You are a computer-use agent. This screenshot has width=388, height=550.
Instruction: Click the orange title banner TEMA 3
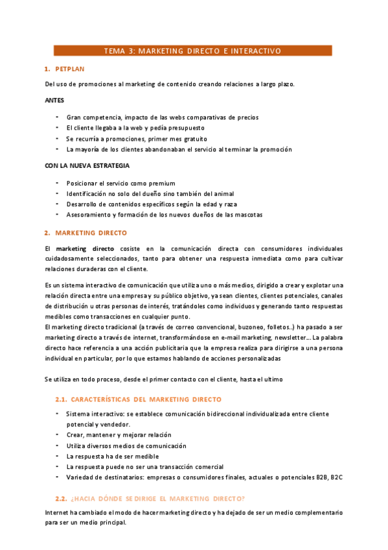[x=192, y=51]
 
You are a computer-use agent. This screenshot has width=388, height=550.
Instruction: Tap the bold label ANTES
[x=54, y=101]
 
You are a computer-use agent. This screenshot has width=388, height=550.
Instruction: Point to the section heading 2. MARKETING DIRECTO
[x=91, y=232]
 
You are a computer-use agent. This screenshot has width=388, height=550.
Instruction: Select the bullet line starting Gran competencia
[x=162, y=117]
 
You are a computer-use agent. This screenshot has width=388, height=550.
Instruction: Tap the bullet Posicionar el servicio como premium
[x=120, y=184]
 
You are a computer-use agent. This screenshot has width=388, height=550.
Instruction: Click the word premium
[x=162, y=184]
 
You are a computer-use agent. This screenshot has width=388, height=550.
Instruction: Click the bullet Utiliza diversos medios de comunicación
[x=126, y=446]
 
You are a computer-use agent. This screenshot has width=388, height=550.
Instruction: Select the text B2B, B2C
[x=326, y=477]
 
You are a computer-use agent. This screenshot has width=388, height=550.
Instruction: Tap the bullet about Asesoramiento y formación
[x=164, y=215]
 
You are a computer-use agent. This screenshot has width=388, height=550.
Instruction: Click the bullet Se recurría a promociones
[x=137, y=139]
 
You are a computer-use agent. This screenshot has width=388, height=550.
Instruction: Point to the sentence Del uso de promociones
[x=169, y=84]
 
